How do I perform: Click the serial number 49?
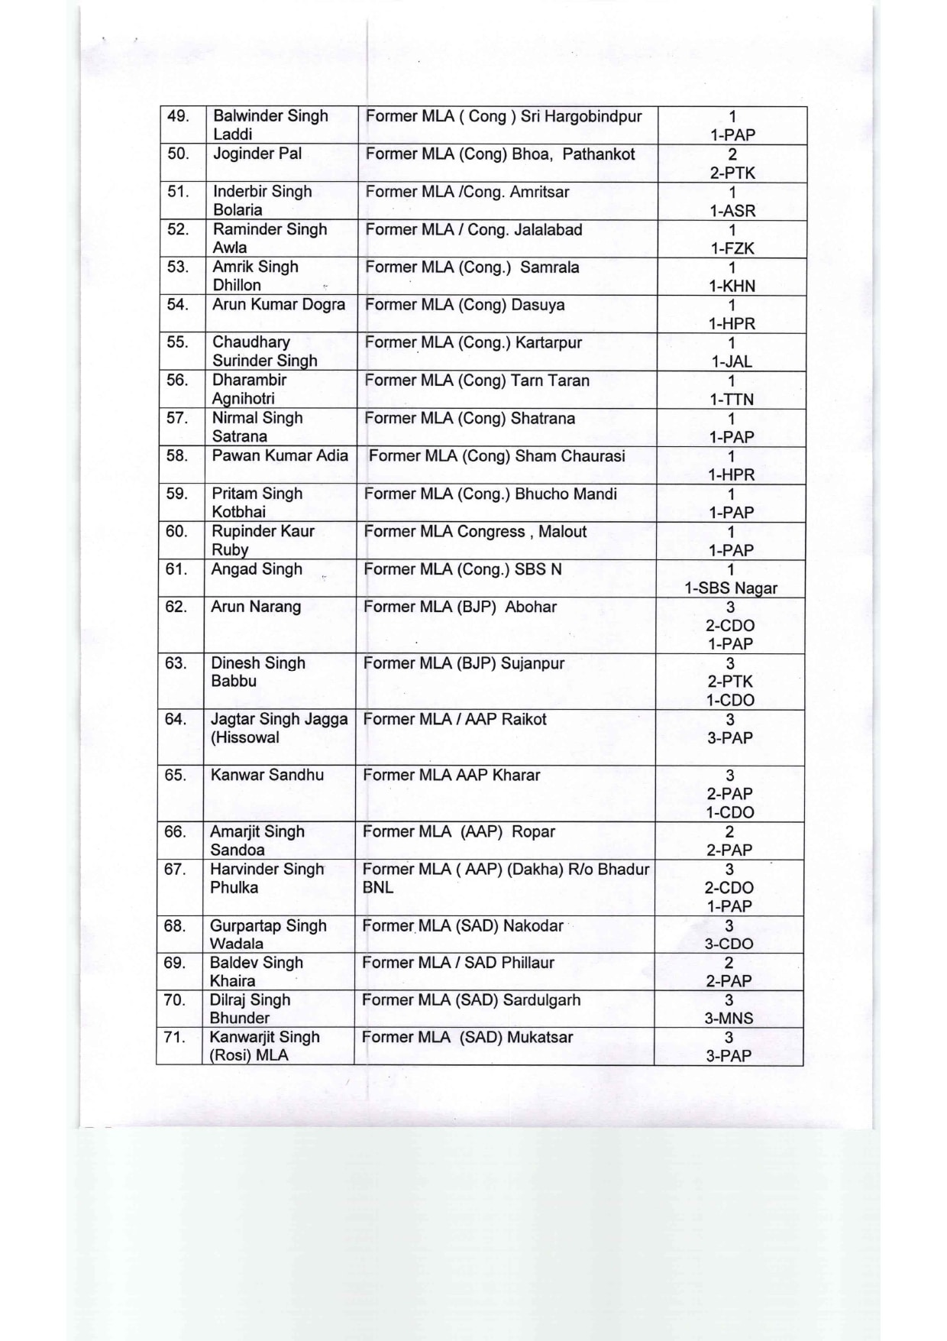pyautogui.click(x=178, y=116)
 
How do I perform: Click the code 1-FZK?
pyautogui.click(x=732, y=248)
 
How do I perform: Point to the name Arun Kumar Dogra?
pyautogui.click(x=279, y=304)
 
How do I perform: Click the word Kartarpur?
pyautogui.click(x=548, y=342)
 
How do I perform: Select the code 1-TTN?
pyautogui.click(x=732, y=399)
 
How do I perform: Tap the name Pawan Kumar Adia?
pyautogui.click(x=280, y=455)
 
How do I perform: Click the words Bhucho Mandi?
pyautogui.click(x=566, y=494)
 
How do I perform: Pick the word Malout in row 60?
pyautogui.click(x=562, y=531)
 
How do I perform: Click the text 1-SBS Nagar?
pyautogui.click(x=731, y=588)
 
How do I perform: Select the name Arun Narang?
pyautogui.click(x=256, y=607)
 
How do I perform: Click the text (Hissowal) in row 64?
pyautogui.click(x=245, y=737)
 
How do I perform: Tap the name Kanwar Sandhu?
pyautogui.click(x=267, y=775)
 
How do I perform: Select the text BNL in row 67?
pyautogui.click(x=377, y=887)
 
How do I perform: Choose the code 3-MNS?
pyautogui.click(x=729, y=1018)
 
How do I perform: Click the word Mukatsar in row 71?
pyautogui.click(x=540, y=1037)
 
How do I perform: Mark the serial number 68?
pyautogui.click(x=175, y=925)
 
